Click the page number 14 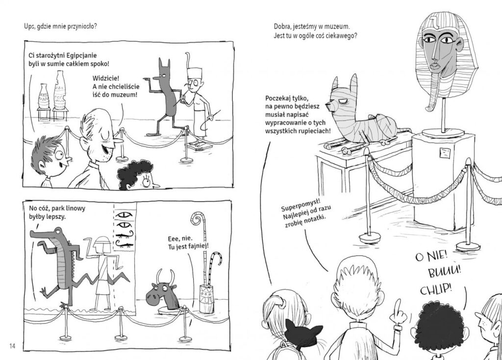pyautogui.click(x=12, y=346)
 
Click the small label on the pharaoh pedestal pyautogui.click(x=444, y=153)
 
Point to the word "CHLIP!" pyautogui.click(x=436, y=289)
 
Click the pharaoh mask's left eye pyautogui.click(x=429, y=40)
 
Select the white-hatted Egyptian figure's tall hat pyautogui.click(x=195, y=73)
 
